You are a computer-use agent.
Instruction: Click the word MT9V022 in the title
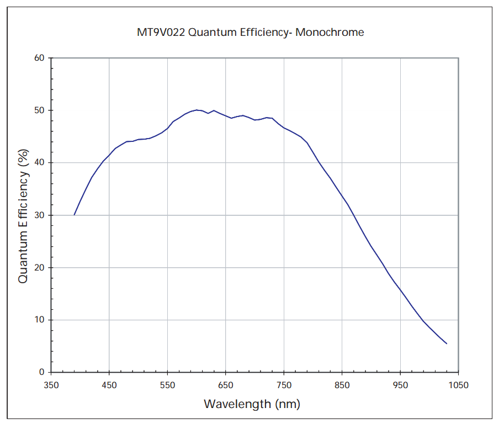(x=161, y=32)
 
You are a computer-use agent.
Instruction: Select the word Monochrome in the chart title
(x=330, y=32)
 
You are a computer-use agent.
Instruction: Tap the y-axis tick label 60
(x=39, y=58)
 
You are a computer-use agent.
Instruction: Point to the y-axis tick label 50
(x=39, y=110)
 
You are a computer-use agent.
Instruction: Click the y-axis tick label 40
(x=39, y=163)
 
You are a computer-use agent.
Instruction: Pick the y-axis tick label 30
(x=39, y=215)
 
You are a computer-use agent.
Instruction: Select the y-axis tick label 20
(x=39, y=268)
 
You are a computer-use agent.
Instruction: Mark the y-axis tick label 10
(x=39, y=320)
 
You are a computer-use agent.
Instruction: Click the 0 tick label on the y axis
(x=42, y=373)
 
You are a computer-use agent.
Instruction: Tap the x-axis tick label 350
(x=51, y=385)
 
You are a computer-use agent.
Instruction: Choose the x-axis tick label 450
(x=109, y=385)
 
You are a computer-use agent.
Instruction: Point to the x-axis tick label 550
(x=167, y=385)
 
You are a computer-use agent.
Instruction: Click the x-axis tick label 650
(x=226, y=385)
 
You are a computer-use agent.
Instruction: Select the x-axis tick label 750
(x=284, y=385)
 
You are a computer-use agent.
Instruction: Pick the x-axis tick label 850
(x=342, y=385)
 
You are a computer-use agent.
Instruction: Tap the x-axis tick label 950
(x=400, y=385)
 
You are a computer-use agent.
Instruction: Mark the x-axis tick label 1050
(x=458, y=385)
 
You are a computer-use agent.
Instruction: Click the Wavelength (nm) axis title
(x=252, y=404)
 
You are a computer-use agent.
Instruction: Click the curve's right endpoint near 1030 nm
(x=446, y=343)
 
